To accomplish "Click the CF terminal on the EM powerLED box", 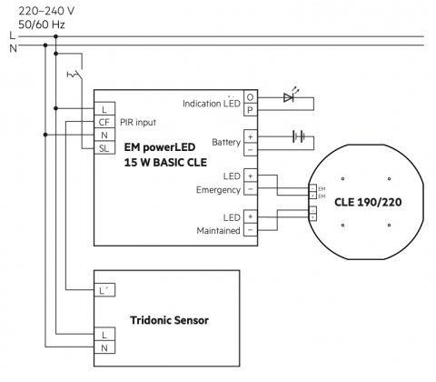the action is tap(104, 122).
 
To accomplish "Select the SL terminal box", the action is tap(104, 148).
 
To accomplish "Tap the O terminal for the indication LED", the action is tap(251, 97).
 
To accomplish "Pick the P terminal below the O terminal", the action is tap(251, 110).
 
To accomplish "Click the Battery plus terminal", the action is tap(251, 136).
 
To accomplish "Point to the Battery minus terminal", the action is tap(251, 149).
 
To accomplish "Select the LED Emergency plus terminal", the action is tap(251, 176).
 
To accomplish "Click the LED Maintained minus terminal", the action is tap(251, 229).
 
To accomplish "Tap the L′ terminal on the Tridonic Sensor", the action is tap(104, 290).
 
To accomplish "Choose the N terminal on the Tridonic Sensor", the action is tap(104, 347).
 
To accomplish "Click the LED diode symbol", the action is tap(289, 97).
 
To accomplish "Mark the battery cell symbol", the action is tap(299, 136).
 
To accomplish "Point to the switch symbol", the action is tap(75, 74).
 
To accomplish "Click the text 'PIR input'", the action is tap(138, 122).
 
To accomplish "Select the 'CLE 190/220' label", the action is tap(368, 202).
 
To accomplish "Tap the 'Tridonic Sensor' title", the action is tap(169, 320).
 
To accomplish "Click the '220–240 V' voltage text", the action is tap(46, 11).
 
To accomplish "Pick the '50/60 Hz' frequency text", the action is tap(42, 25).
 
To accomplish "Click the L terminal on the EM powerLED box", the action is tap(104, 109).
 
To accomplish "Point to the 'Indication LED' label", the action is tap(212, 104).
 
